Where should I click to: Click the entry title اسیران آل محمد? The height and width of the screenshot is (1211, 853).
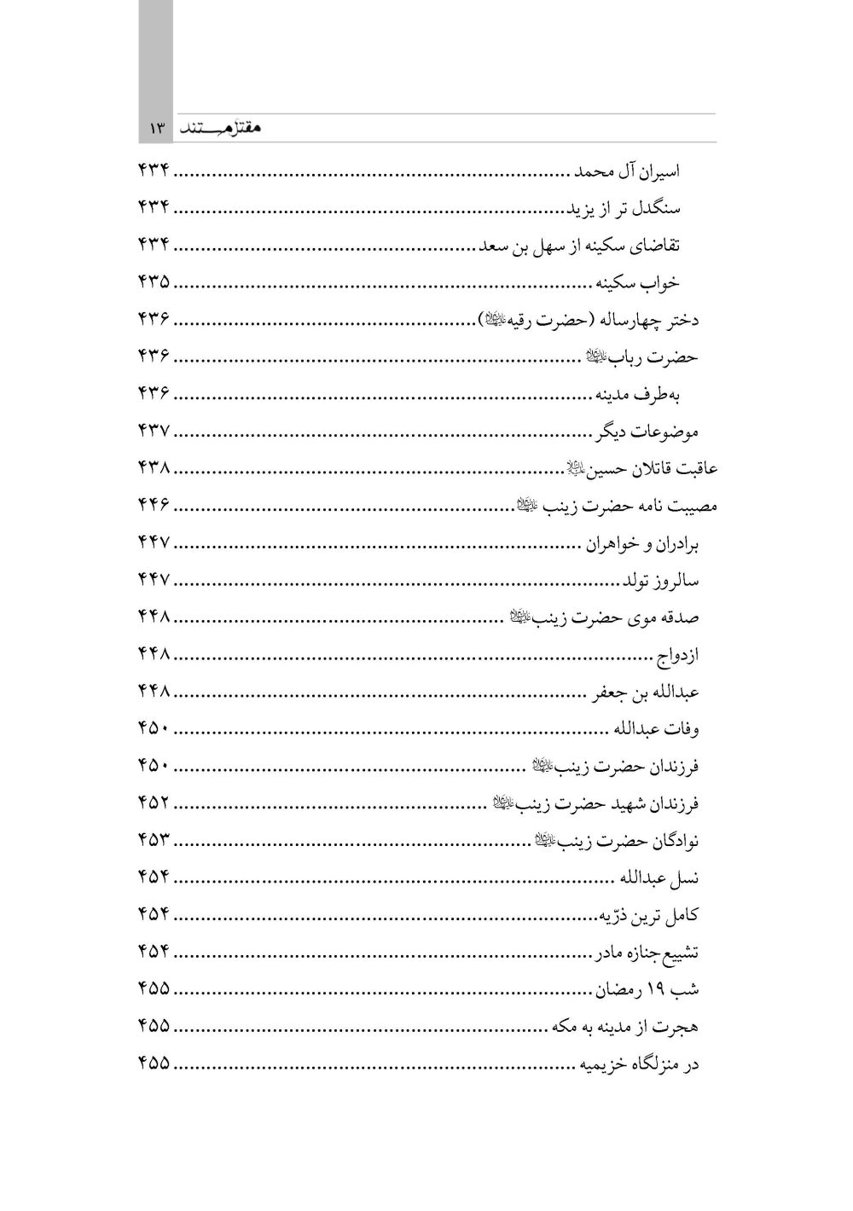(x=625, y=171)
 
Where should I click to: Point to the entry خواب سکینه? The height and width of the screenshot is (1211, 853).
(x=638, y=282)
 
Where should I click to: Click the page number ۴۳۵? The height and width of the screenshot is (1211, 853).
(x=154, y=282)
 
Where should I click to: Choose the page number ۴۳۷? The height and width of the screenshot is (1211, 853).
(x=154, y=432)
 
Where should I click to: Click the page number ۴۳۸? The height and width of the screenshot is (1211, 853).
(x=154, y=468)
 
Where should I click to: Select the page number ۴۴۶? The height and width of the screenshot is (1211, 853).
(x=154, y=505)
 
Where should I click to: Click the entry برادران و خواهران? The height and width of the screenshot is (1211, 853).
(x=641, y=544)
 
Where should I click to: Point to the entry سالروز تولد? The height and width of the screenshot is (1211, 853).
(x=660, y=581)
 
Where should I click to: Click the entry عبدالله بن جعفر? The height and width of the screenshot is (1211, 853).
(x=646, y=692)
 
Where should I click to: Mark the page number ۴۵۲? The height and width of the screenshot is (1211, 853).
(x=154, y=803)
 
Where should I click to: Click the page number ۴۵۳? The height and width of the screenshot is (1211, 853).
(x=154, y=841)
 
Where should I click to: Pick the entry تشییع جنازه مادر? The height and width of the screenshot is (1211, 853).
(x=647, y=953)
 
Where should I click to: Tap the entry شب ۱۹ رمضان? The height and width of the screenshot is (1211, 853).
(x=647, y=989)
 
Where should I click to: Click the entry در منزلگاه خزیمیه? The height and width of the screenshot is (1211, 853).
(x=635, y=1064)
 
